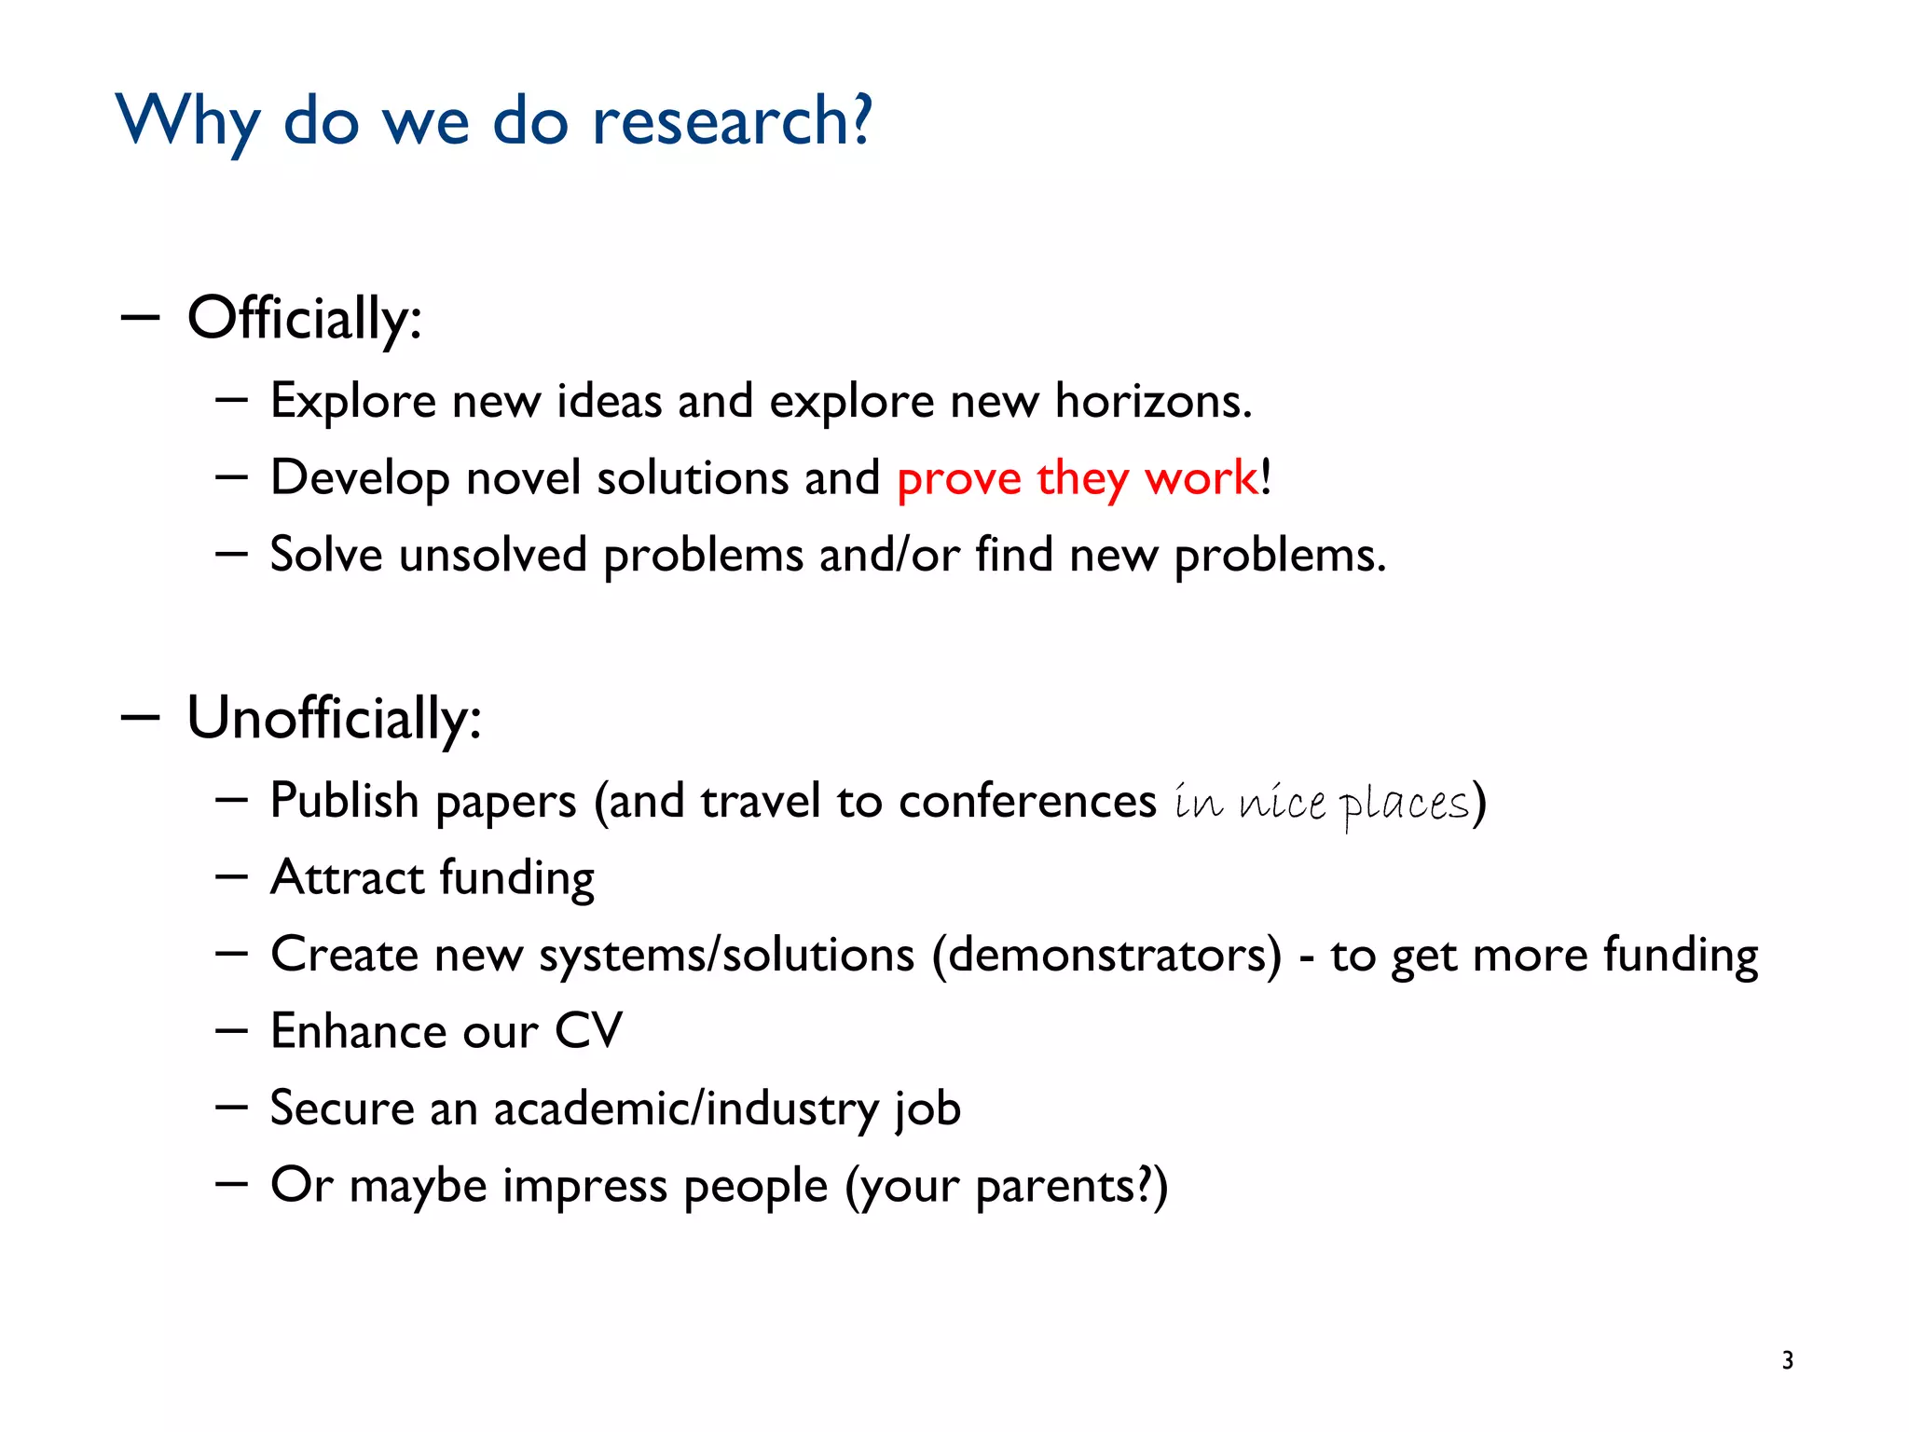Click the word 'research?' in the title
point(732,121)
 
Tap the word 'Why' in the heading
point(187,121)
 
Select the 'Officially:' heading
point(304,319)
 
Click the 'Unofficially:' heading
point(334,719)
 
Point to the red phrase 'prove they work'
point(1077,478)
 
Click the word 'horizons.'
point(1153,401)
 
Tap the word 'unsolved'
point(493,555)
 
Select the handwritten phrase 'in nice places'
point(1321,803)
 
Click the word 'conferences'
point(1027,801)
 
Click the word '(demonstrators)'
point(1107,955)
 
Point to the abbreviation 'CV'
point(588,1031)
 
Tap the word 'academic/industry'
point(686,1108)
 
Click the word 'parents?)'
point(1071,1186)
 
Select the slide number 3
point(1787,1360)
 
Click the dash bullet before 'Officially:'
point(140,318)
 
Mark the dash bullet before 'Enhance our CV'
point(230,1031)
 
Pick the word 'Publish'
point(344,801)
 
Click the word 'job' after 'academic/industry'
point(927,1108)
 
